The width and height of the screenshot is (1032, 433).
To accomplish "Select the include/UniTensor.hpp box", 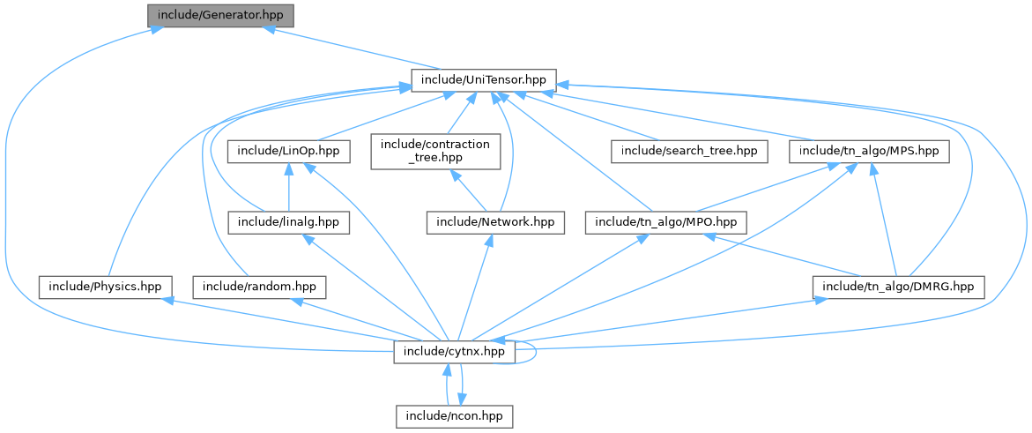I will [x=484, y=80].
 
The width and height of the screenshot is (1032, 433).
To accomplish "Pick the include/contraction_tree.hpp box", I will [x=434, y=152].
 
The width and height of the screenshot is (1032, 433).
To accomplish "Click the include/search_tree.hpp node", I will [x=688, y=152].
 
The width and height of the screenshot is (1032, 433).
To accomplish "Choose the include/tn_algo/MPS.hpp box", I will [x=868, y=152].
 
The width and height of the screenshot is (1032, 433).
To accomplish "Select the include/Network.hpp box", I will [x=494, y=222].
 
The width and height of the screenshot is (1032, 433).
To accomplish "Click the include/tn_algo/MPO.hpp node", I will [x=666, y=222].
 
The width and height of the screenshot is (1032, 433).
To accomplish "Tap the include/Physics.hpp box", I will [x=105, y=287].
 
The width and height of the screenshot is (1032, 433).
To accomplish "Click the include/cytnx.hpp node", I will [x=454, y=352].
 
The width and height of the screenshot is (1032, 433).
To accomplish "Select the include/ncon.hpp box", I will [x=455, y=414].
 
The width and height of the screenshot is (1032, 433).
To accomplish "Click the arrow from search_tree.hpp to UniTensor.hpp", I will [x=599, y=123].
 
